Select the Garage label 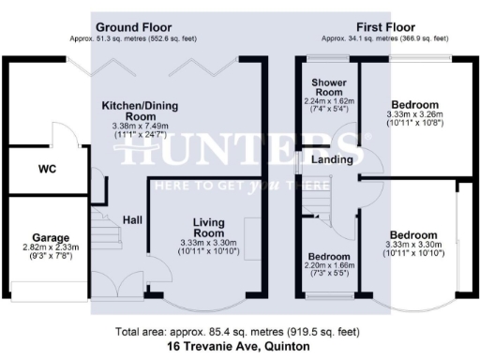point(48,237)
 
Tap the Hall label point(133,219)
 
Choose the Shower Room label point(329,88)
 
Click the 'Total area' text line point(239,332)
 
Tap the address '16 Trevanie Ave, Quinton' point(239,346)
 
